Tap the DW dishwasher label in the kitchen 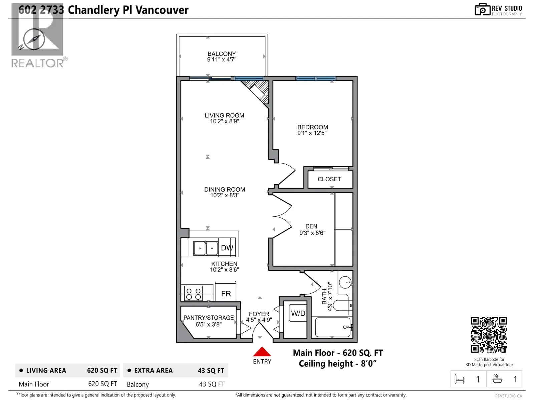point(227,248)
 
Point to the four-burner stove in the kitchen point(194,293)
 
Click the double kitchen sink point(206,248)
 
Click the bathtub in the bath point(332,327)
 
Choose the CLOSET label point(329,179)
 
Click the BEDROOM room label point(313,127)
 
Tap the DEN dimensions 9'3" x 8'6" point(312,233)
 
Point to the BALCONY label point(222,54)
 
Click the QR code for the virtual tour point(489,335)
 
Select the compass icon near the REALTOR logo point(34,40)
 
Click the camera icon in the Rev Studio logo point(483,9)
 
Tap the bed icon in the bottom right point(460,379)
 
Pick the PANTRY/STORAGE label point(209,318)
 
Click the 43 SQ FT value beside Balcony point(212,384)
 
